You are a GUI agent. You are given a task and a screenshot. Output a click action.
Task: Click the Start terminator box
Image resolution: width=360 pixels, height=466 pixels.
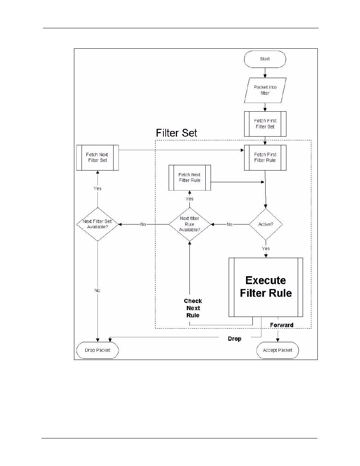pyautogui.click(x=265, y=59)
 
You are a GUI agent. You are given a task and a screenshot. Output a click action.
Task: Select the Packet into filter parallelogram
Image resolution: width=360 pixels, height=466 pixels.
pyautogui.click(x=265, y=90)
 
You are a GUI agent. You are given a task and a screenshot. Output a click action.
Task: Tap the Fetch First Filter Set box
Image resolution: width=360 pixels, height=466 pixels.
pyautogui.click(x=265, y=124)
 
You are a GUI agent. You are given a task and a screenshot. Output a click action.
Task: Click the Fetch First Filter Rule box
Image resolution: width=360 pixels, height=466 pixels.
pyautogui.click(x=265, y=157)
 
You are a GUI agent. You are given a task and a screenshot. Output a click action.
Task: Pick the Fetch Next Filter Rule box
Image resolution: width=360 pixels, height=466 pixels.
pyautogui.click(x=189, y=177)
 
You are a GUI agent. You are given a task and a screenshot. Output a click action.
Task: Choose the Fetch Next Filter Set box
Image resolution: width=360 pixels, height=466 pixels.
pyautogui.click(x=97, y=157)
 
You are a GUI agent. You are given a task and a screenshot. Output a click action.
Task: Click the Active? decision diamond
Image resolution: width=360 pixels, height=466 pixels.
pyautogui.click(x=266, y=224)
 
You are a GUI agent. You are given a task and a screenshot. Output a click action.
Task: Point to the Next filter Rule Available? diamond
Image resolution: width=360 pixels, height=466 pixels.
pyautogui.click(x=189, y=224)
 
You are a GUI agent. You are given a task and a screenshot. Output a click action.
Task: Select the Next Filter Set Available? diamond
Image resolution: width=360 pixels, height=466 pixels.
pyautogui.click(x=97, y=224)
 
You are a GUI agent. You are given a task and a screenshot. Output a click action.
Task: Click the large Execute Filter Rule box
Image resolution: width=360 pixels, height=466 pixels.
pyautogui.click(x=266, y=287)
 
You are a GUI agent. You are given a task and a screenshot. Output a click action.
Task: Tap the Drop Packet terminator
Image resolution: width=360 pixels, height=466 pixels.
pyautogui.click(x=97, y=350)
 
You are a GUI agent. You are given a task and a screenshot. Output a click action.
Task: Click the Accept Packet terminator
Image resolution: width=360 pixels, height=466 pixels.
pyautogui.click(x=277, y=350)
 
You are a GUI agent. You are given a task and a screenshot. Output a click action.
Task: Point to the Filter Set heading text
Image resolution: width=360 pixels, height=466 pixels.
pyautogui.click(x=177, y=133)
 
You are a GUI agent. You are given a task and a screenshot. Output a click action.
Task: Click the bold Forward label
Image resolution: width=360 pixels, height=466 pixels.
pyautogui.click(x=282, y=325)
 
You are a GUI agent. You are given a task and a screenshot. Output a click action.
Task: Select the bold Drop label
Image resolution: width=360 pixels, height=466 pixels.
pyautogui.click(x=234, y=339)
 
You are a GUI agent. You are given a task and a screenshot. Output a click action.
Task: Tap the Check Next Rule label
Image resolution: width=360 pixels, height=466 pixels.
pyautogui.click(x=193, y=308)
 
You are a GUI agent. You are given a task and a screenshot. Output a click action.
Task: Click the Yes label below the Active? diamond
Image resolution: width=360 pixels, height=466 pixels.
pyautogui.click(x=266, y=249)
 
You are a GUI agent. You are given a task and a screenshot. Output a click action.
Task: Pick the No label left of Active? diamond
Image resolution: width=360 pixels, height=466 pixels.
pyautogui.click(x=229, y=224)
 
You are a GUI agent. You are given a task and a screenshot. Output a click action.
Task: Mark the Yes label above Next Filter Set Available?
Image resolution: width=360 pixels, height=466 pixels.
pyautogui.click(x=97, y=188)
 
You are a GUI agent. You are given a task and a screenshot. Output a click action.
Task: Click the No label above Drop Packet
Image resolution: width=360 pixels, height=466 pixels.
pyautogui.click(x=97, y=291)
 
